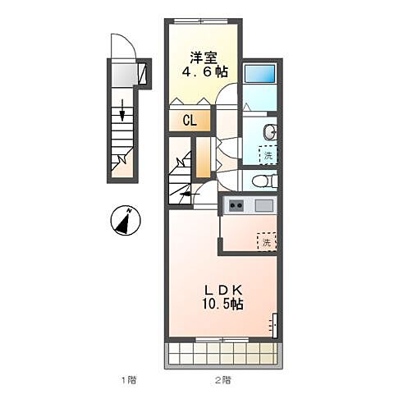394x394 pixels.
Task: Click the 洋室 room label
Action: pos(204,57)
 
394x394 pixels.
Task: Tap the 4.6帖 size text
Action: pos(205,72)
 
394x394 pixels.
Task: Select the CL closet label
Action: pos(190,121)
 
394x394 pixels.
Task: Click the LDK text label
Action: pos(223,290)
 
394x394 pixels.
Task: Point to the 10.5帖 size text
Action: pos(222,304)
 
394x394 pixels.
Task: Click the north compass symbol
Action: pos(126,220)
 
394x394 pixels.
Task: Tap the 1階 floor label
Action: pos(129,380)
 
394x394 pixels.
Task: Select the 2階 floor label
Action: pos(222,380)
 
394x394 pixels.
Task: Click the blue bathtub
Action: pos(259,74)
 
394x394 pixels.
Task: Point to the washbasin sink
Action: pos(271,132)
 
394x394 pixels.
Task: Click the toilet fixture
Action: pos(264,181)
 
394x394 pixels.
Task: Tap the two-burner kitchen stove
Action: pos(236,205)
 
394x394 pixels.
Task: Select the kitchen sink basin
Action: pos(264,205)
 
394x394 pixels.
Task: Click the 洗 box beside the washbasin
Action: pos(268,155)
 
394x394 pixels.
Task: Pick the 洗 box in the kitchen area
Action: pos(267,241)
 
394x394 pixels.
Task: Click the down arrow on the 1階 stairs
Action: pos(122,110)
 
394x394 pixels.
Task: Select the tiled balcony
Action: pos(223,355)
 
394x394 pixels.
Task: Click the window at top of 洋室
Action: pos(201,21)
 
